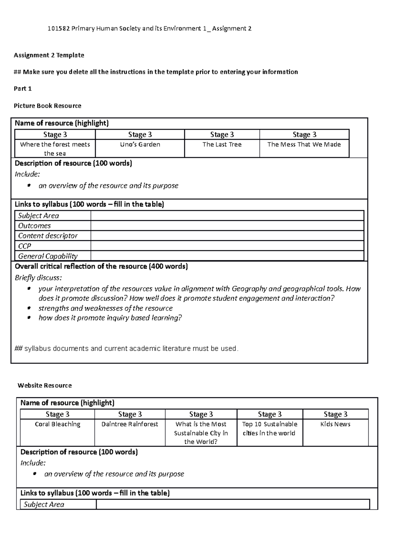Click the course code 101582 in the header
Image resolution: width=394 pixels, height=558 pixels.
(58, 29)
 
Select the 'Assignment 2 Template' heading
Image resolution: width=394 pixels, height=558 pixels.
(49, 55)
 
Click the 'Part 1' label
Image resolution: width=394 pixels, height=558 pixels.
(23, 89)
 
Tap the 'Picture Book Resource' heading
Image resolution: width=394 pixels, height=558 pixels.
(47, 106)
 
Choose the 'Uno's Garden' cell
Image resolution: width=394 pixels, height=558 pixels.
(140, 145)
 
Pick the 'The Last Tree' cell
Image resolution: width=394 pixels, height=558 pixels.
(222, 145)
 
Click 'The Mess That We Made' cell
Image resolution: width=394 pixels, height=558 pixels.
(304, 145)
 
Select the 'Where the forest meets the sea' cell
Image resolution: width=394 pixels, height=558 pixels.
(55, 149)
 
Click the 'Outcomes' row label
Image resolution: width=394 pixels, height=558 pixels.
(34, 226)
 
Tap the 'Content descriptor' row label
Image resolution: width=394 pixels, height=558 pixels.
(48, 236)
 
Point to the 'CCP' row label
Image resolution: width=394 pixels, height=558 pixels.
(25, 246)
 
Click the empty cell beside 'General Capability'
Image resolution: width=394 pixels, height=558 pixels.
(227, 256)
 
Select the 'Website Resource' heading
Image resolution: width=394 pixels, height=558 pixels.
(45, 385)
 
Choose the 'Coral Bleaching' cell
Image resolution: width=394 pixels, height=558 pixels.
(57, 424)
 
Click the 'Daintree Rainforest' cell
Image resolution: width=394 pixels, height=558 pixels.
(130, 424)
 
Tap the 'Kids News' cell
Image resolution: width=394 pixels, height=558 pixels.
(335, 424)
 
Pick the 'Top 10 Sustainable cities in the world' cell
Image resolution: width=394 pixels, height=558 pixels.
(269, 429)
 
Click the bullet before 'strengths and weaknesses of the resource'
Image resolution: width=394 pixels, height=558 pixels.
(29, 308)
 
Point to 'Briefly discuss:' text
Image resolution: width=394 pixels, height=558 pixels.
(38, 278)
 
